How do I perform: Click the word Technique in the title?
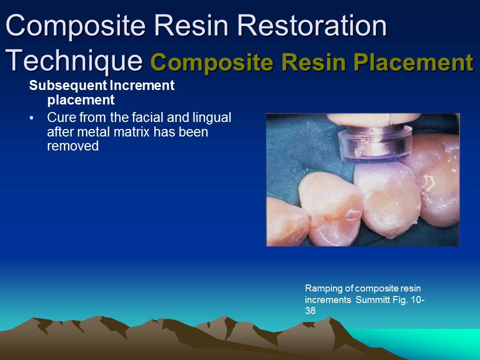click(x=74, y=60)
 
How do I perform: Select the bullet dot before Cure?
click(x=32, y=118)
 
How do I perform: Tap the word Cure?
click(x=59, y=118)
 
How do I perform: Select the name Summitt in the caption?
click(x=373, y=299)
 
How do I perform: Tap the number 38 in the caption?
click(x=310, y=310)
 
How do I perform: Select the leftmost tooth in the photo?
click(x=325, y=205)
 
